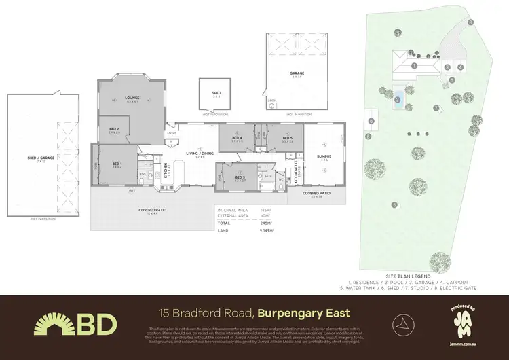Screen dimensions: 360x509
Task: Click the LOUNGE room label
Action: pos(132,97)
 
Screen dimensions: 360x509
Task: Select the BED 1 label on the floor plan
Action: pos(117,164)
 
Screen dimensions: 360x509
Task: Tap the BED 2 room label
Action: pos(113,129)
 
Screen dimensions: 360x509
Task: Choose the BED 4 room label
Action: pos(237,138)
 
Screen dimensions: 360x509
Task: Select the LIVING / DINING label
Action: pos(200,154)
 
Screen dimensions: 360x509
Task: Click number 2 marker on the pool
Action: pos(397,100)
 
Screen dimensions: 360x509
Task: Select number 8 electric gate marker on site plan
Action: pos(470,22)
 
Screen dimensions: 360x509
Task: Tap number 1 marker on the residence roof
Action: pos(413,65)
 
